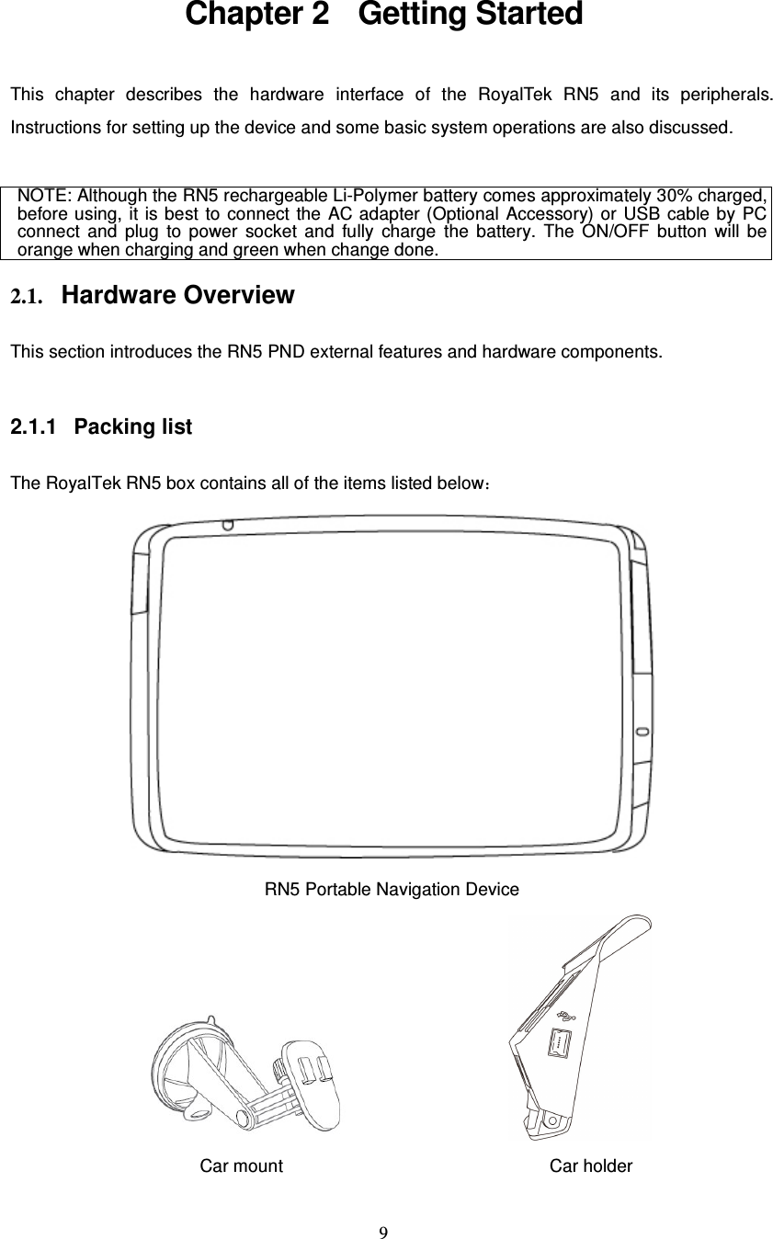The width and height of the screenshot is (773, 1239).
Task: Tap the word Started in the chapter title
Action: point(528,16)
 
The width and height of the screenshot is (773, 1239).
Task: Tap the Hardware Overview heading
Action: point(178,296)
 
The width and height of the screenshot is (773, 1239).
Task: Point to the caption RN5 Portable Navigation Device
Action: point(392,890)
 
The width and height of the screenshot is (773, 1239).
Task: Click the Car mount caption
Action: point(242,1166)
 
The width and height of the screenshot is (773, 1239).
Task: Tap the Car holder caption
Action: point(591,1166)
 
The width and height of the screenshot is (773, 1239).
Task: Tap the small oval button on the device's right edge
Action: point(642,732)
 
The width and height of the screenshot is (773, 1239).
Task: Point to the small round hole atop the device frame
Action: point(227,525)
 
